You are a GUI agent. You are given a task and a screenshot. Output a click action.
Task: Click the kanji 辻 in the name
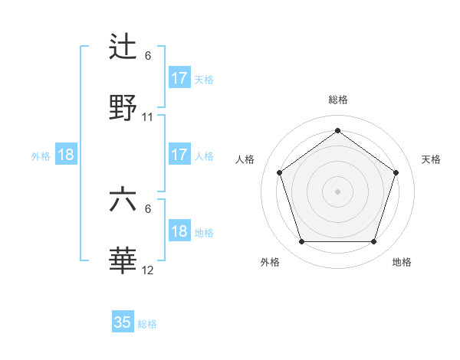(x=123, y=46)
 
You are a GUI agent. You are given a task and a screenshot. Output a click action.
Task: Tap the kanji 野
(x=123, y=107)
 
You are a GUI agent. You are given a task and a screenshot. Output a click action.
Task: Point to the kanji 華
(x=123, y=261)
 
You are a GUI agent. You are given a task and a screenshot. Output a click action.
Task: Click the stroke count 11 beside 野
(x=148, y=117)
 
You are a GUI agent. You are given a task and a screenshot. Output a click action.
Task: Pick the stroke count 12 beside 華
(x=148, y=270)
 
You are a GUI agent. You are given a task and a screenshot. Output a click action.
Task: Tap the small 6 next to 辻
(x=148, y=56)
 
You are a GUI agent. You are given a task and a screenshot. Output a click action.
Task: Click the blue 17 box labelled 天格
(x=179, y=78)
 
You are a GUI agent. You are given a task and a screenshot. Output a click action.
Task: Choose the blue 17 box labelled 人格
(x=179, y=155)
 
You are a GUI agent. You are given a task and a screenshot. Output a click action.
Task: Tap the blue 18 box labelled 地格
(x=179, y=231)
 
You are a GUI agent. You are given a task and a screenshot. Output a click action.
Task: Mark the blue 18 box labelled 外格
(x=66, y=155)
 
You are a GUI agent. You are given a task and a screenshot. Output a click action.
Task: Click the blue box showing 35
(x=123, y=322)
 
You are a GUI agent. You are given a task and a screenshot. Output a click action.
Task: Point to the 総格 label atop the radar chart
(x=338, y=100)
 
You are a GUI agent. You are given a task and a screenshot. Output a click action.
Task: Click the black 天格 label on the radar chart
(x=432, y=159)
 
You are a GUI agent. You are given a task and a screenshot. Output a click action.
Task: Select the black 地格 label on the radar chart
(x=402, y=262)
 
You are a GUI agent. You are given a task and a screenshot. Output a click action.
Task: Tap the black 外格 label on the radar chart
(x=270, y=262)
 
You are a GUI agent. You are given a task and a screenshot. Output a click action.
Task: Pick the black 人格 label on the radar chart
(x=245, y=159)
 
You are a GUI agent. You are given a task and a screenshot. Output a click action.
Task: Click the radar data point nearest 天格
(x=396, y=172)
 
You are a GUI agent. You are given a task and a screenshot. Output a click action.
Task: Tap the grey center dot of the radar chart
(x=338, y=191)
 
